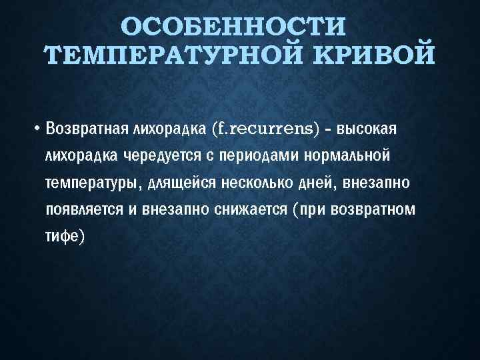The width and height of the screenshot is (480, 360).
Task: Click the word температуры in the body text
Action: click(x=89, y=182)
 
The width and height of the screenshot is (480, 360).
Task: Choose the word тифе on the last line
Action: click(x=61, y=236)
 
